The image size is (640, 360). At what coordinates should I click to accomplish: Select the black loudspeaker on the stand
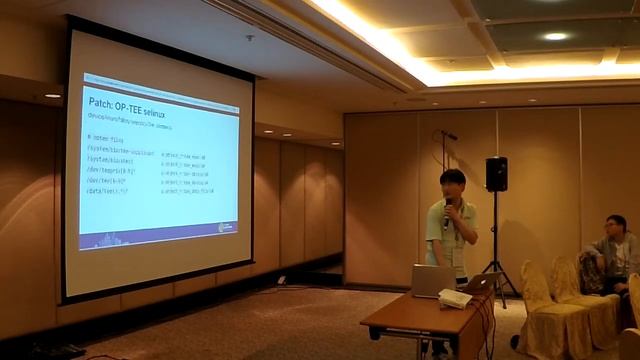click(x=496, y=174)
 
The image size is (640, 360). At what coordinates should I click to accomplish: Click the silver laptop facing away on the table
click(x=432, y=281)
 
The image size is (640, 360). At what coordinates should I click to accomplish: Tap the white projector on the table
click(x=455, y=298)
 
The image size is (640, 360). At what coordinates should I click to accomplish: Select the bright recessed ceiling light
click(x=555, y=37)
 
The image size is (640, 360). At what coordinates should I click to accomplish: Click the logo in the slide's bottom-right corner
click(x=226, y=227)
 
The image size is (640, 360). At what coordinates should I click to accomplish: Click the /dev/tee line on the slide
click(x=109, y=181)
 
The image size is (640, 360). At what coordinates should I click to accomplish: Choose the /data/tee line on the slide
click(x=108, y=192)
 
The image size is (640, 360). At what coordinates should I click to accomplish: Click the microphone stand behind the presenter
click(x=444, y=160)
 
